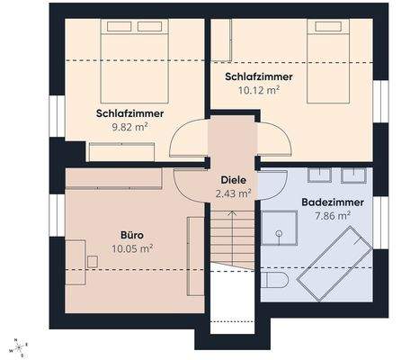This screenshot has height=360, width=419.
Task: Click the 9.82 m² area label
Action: (x=129, y=127)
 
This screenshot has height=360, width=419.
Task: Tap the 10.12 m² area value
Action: (x=259, y=90)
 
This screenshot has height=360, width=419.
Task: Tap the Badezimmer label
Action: (x=333, y=202)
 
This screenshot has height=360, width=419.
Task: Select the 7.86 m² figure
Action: (x=333, y=216)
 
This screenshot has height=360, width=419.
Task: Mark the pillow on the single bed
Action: (x=327, y=28)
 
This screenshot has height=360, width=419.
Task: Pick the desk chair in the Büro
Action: (x=94, y=261)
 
